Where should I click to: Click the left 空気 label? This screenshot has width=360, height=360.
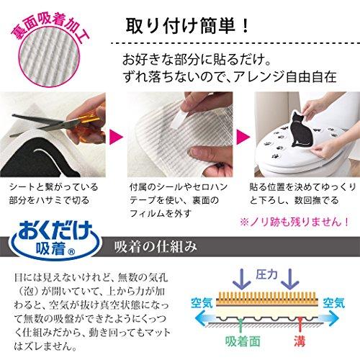(203, 302)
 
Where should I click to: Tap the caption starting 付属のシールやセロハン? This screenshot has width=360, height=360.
(170, 198)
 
